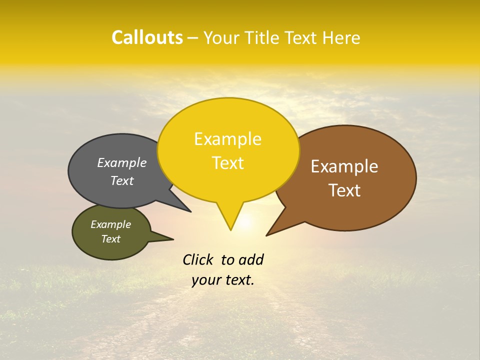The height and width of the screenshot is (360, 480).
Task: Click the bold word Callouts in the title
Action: (x=147, y=37)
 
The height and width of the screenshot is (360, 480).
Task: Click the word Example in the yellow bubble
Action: (x=227, y=139)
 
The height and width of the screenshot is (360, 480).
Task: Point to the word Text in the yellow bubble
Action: (x=227, y=163)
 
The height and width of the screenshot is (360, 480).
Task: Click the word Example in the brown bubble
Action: (x=344, y=166)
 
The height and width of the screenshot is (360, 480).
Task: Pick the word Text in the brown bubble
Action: (x=344, y=190)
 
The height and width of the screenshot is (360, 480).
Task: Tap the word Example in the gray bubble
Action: (x=121, y=162)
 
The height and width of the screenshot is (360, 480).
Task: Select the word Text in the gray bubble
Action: (x=121, y=180)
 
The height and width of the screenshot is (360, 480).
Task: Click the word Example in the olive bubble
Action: (x=110, y=224)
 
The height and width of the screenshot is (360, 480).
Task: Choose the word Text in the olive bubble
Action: (x=110, y=239)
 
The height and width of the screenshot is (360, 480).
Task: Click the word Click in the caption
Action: (x=198, y=259)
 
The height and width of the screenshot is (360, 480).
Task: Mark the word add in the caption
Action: (x=251, y=259)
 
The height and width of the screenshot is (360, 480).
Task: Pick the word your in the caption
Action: (x=205, y=280)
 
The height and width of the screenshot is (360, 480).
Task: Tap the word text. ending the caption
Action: (x=238, y=280)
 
